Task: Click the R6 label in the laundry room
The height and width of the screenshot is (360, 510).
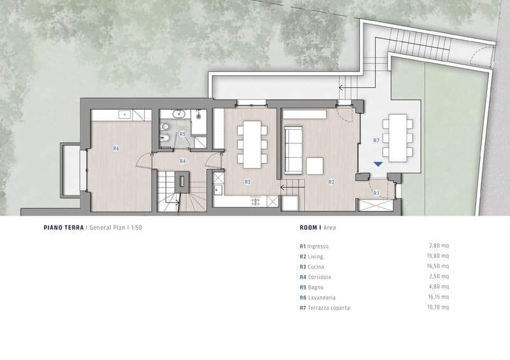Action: [116, 148]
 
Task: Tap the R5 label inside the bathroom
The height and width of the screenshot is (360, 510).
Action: [182, 134]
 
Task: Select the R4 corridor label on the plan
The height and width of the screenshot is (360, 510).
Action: [182, 161]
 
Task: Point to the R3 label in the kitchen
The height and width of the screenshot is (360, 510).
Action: [247, 182]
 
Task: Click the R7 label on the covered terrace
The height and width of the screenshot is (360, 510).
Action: [376, 140]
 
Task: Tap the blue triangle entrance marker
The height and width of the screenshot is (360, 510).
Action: [378, 164]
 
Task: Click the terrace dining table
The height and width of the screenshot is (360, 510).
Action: [398, 138]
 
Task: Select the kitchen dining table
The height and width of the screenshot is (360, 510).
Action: [252, 145]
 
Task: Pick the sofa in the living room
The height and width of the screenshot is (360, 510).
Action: [294, 150]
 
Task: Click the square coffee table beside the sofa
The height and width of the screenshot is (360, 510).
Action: [314, 166]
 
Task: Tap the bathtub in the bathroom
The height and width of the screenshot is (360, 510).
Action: [198, 122]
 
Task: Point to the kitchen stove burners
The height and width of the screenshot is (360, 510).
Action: [256, 201]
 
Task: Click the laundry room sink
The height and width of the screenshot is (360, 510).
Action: [124, 115]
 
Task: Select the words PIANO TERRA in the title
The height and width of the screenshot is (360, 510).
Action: [64, 227]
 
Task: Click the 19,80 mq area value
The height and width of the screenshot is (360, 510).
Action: [438, 256]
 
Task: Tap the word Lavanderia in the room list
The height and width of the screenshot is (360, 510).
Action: [322, 298]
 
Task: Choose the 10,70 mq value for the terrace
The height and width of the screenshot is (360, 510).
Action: [438, 307]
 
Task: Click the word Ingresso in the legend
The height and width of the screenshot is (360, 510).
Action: [317, 247]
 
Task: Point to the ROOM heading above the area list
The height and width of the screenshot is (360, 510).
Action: [309, 227]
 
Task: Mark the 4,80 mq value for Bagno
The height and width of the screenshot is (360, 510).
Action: [439, 287]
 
